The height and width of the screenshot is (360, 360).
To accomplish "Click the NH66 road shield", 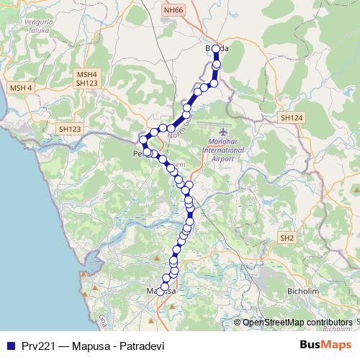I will click(174, 10).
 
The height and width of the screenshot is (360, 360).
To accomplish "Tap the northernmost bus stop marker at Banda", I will click(215, 49).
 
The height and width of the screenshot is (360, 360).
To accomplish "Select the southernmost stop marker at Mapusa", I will click(161, 292).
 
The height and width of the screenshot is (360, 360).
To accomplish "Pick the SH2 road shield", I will click(287, 238).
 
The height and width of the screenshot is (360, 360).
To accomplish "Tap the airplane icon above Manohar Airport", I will click(222, 132).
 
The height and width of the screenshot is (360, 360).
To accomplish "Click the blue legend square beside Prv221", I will click(9, 344).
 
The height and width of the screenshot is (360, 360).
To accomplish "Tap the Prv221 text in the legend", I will click(39, 344).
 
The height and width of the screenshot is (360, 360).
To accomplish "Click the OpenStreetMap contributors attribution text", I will click(297, 323).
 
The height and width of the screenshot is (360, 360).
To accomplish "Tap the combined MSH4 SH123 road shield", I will click(86, 78).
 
